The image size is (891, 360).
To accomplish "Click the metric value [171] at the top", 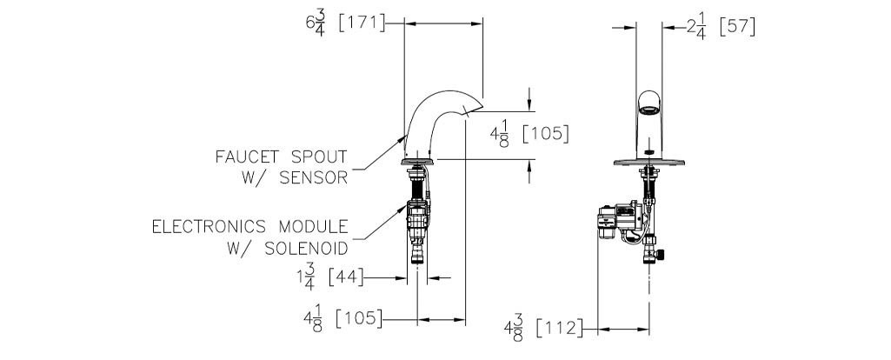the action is pos(362,23).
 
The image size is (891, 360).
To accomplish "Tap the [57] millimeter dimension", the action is pos(738,27).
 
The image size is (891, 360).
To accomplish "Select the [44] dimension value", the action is pos(346,278).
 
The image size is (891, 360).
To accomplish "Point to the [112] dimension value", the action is pos(560,328).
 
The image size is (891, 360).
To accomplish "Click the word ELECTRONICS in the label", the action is pos(209,227).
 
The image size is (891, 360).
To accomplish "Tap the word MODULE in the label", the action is pos(313,227).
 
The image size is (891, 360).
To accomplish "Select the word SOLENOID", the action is pos(306,249).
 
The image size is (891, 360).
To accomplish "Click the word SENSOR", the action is pos(313,178).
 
